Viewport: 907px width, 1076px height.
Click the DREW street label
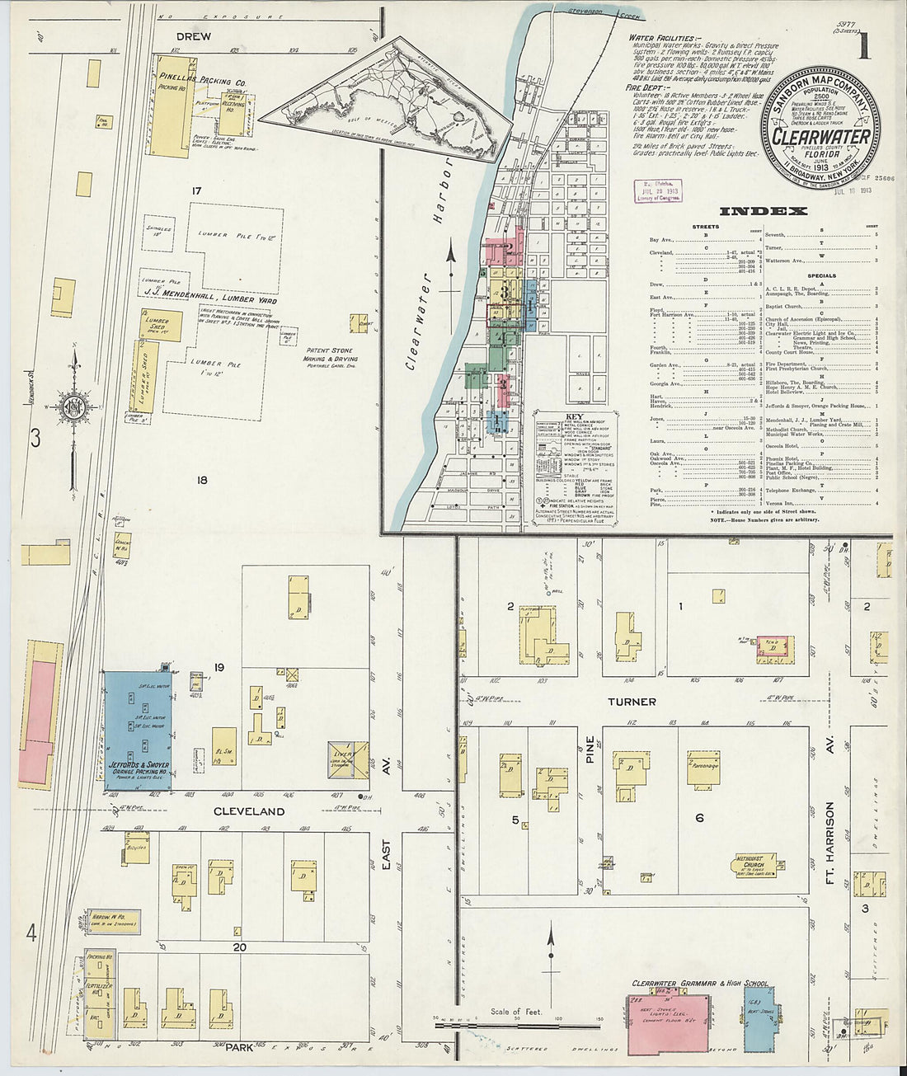[x=193, y=36]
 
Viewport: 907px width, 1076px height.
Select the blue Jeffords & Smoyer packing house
[x=137, y=731]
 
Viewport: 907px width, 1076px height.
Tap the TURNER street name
[x=632, y=702]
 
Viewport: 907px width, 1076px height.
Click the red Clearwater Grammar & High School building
[x=669, y=1023]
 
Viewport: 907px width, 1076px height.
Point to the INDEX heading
[x=763, y=211]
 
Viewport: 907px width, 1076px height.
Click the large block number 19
[x=219, y=667]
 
